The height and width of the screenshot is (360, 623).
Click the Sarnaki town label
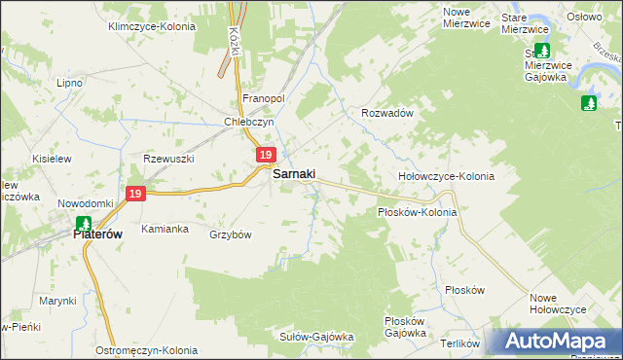[293, 174]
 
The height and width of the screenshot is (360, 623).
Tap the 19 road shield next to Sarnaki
[266, 156]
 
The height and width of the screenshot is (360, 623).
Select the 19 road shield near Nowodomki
[135, 195]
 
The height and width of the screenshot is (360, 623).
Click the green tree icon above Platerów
[84, 223]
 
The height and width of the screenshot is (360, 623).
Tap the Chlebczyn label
[250, 122]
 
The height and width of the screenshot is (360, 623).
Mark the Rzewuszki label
[170, 159]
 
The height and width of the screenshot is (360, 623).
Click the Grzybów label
[231, 234]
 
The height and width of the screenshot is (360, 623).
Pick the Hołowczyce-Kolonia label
[447, 177]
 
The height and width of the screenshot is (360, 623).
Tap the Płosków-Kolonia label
[417, 211]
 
